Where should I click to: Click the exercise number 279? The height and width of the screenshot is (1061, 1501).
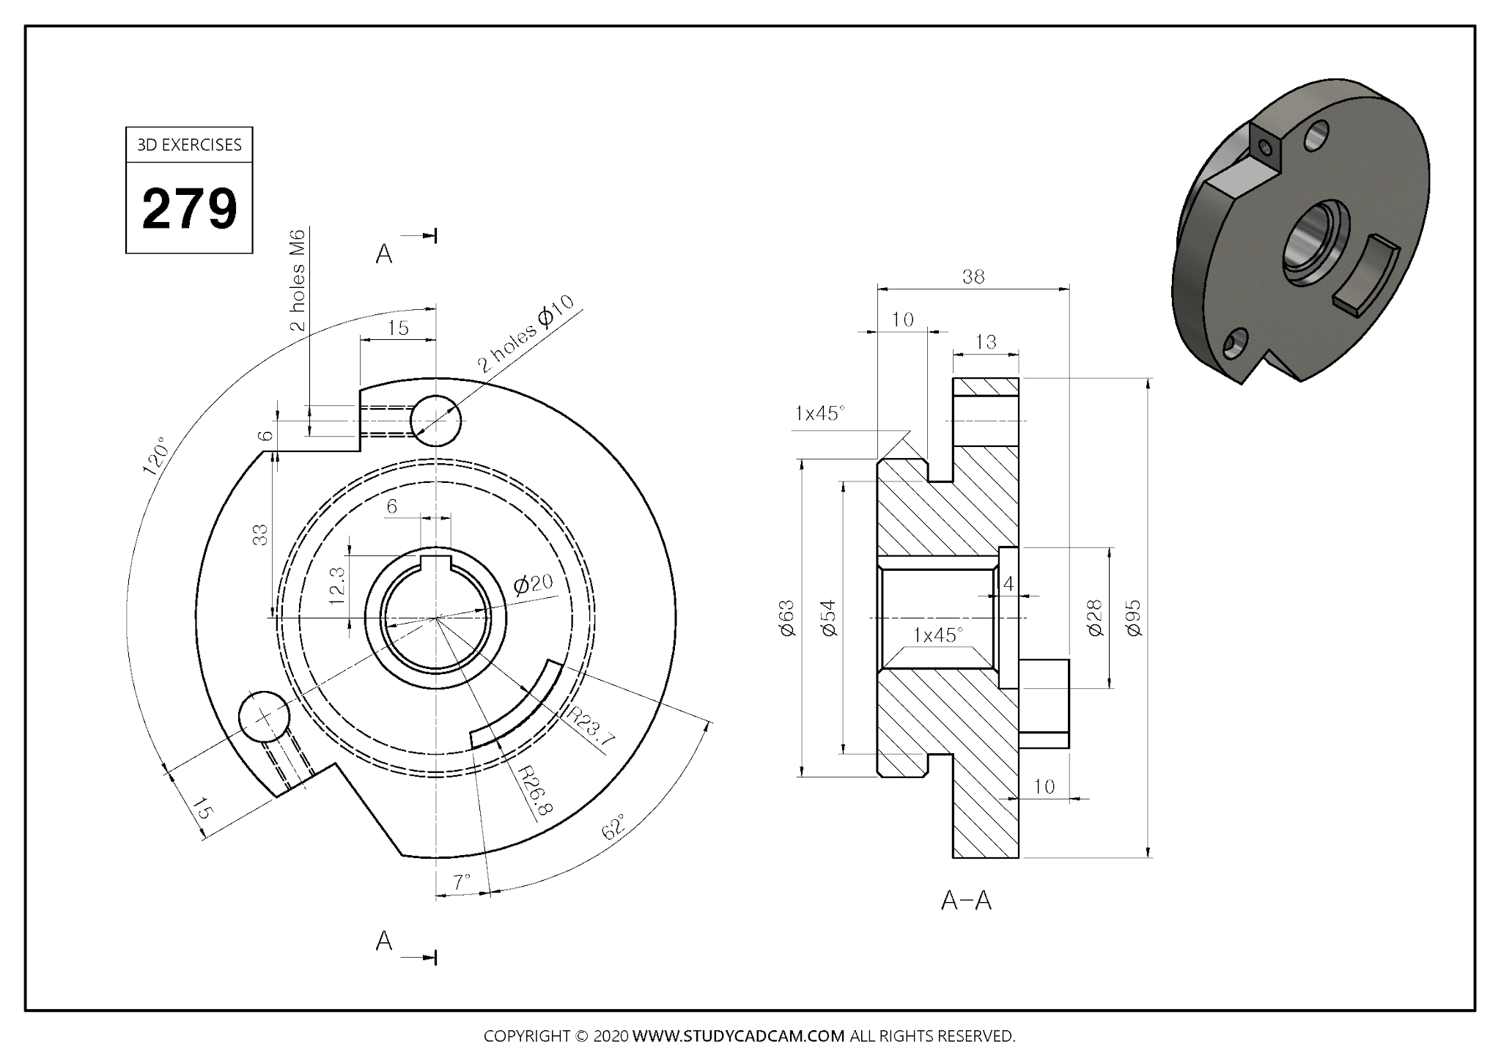189,208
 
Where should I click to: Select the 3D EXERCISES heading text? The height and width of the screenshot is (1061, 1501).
189,145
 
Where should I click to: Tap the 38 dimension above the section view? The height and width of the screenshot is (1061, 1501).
973,277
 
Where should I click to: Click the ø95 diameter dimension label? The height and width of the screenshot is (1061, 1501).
1133,618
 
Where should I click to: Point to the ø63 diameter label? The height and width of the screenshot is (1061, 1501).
787,618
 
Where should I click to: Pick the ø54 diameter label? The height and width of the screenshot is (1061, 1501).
828,618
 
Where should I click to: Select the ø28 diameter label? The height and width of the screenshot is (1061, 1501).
1095,618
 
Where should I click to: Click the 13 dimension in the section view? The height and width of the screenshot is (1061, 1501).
986,342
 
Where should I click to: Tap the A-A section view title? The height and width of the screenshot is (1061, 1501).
966,901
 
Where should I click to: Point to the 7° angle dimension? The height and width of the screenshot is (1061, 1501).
461,882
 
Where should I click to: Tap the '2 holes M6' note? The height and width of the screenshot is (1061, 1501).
298,280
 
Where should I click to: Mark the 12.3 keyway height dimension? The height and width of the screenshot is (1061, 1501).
337,585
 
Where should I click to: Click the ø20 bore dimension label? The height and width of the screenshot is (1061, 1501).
533,584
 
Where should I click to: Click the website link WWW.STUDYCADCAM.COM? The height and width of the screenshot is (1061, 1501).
738,1036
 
